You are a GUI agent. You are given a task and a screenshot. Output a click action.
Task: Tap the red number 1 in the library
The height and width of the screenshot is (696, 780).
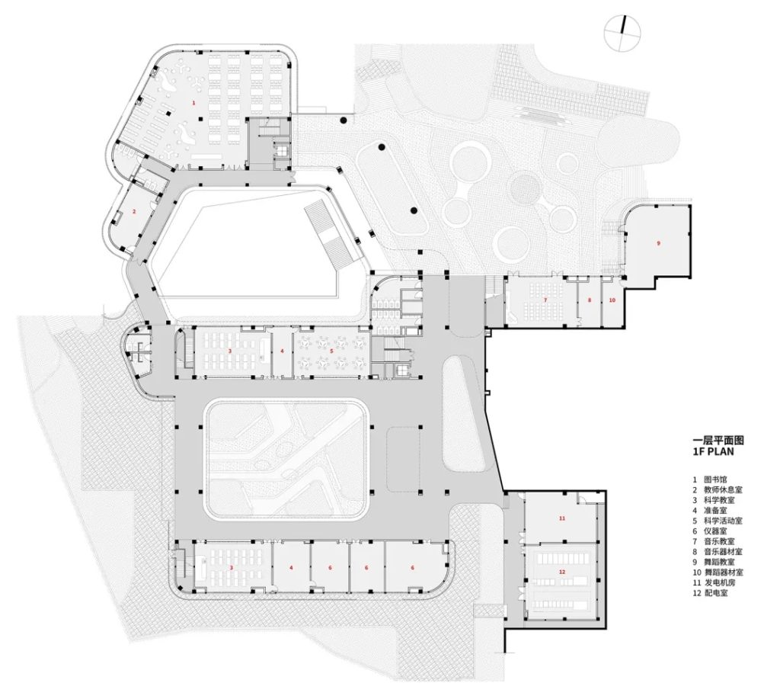(x=193, y=101)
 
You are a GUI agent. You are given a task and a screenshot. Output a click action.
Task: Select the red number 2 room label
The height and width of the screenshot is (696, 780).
(x=133, y=211)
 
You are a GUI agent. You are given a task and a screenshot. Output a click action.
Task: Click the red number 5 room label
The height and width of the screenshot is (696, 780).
(x=331, y=351)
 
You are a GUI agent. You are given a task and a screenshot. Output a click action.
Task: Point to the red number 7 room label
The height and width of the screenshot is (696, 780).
(x=545, y=300)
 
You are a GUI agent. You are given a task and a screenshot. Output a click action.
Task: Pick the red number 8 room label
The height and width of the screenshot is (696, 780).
(x=589, y=300)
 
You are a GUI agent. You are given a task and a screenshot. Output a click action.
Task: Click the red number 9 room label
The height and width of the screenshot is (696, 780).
(x=658, y=242)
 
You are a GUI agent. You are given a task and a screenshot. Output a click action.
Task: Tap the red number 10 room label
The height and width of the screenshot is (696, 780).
(x=612, y=300)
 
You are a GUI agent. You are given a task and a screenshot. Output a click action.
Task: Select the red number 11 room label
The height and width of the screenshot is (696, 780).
(x=562, y=518)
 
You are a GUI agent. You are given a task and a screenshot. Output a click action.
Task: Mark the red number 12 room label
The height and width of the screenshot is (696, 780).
(x=562, y=572)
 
